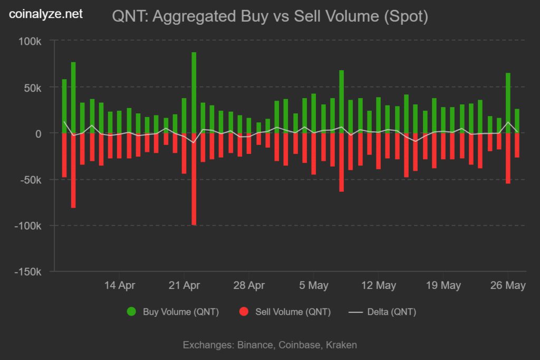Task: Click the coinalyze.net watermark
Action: (x=46, y=14)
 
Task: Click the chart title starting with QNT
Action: (x=270, y=16)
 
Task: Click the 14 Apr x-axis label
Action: (x=120, y=286)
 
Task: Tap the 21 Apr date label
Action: (x=184, y=286)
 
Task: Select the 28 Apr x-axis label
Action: (x=249, y=286)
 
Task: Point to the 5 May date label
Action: (x=313, y=286)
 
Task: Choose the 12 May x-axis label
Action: (x=378, y=286)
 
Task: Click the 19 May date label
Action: (x=443, y=286)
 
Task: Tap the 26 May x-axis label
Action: (x=508, y=286)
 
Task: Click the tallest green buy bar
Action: (x=194, y=92)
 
